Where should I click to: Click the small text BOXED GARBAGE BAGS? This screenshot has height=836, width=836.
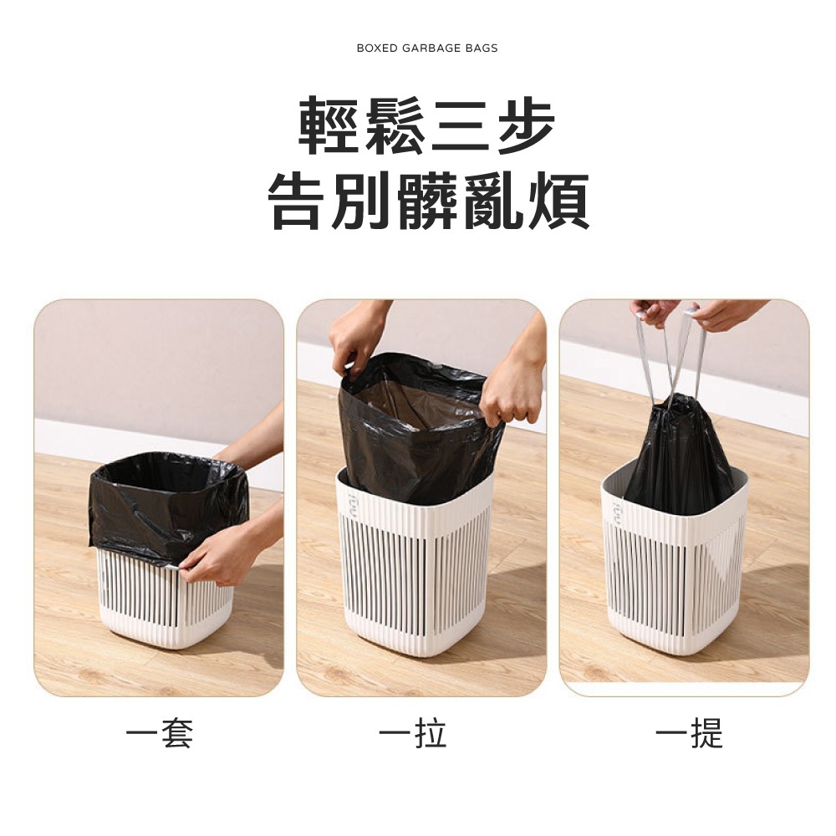coord(426,48)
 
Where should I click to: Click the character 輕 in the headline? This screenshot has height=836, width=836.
coord(330,126)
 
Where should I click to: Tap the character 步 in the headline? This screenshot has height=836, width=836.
coord(523,126)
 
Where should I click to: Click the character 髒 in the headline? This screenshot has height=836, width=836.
coord(427,201)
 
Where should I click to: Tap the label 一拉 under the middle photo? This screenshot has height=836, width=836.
coord(412,733)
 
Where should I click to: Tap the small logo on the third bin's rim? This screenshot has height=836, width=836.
coord(616,512)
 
